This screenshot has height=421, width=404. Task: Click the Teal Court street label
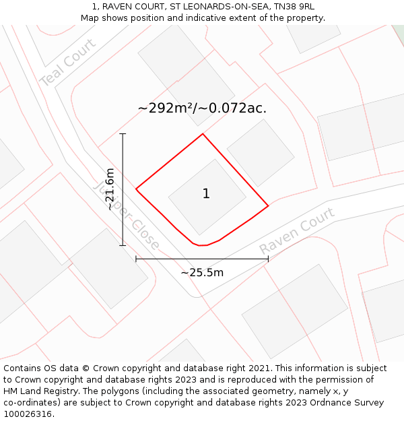[x=67, y=62]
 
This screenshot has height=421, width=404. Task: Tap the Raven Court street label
[x=297, y=232]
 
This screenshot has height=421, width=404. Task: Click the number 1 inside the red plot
[x=206, y=194]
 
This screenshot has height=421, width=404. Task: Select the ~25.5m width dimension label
[x=202, y=273]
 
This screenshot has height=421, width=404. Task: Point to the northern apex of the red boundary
[x=203, y=134]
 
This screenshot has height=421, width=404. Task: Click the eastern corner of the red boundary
[x=268, y=205]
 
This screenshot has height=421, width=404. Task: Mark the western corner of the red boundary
[x=136, y=189]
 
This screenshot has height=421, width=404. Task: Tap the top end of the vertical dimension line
[x=123, y=134]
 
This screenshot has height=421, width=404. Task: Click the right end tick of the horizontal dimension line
[x=268, y=259]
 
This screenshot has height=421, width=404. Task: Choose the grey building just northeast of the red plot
[x=261, y=153]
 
